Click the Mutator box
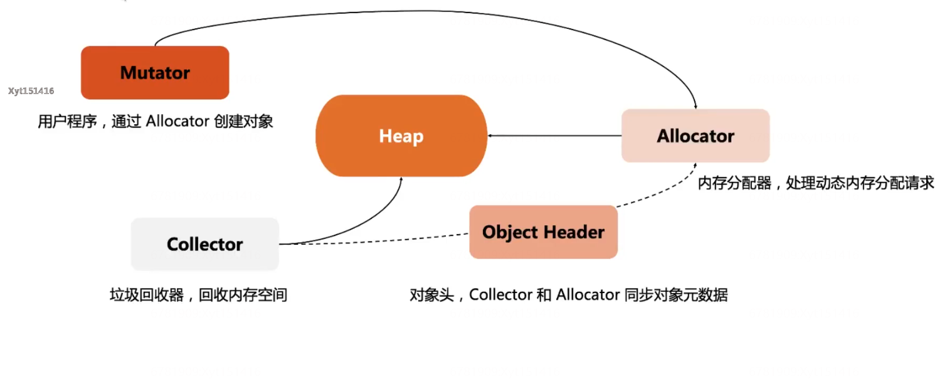coord(155,73)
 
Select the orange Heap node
coord(401,136)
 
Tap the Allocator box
coord(695,136)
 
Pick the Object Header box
coord(543,232)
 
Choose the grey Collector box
coord(204,244)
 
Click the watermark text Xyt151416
coord(31,91)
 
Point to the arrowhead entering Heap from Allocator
coord(491,136)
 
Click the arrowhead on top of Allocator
coord(695,106)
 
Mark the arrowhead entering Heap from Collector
coord(401,181)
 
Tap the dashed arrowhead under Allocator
coord(695,166)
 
